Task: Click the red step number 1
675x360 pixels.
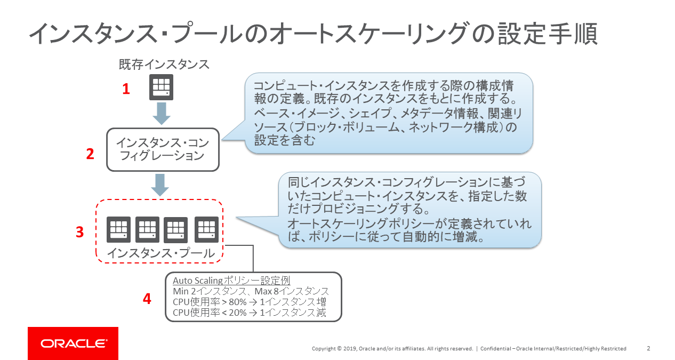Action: (x=126, y=89)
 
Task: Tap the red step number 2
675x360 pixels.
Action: (x=90, y=154)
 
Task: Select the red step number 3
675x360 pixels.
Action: (x=79, y=231)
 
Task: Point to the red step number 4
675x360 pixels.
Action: (x=147, y=299)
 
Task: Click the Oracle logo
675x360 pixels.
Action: (x=73, y=343)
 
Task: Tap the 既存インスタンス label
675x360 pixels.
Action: (x=164, y=65)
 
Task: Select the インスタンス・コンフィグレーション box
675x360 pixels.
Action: (x=163, y=149)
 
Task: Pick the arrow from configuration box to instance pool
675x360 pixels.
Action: (x=160, y=185)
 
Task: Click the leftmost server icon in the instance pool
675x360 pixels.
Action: (x=119, y=230)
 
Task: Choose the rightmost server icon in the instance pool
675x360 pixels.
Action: (x=206, y=229)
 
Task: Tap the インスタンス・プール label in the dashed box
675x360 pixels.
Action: (x=161, y=253)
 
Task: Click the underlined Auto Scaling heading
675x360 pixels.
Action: (x=231, y=281)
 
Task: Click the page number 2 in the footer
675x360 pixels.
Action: (x=648, y=348)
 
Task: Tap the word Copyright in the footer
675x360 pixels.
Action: (x=324, y=349)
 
